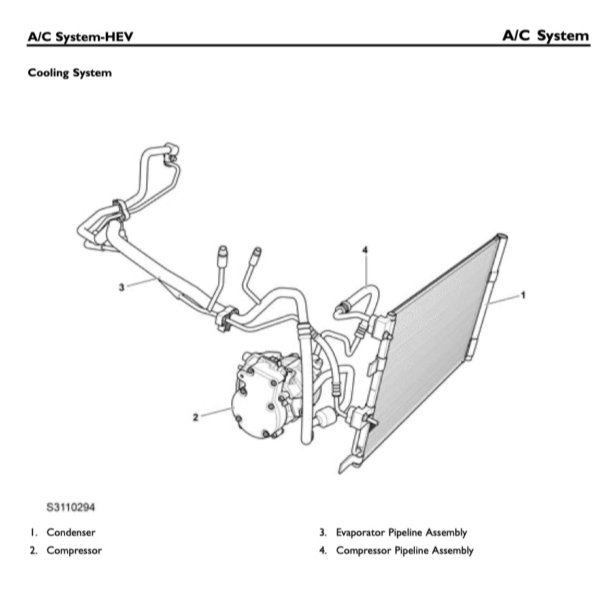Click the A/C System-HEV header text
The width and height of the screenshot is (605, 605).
(80, 36)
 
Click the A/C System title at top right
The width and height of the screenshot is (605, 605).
(545, 35)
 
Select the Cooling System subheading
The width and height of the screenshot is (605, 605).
(69, 73)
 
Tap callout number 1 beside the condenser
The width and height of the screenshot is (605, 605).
(523, 295)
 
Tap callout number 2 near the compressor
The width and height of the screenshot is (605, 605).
(195, 417)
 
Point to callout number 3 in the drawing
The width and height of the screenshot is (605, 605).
(122, 287)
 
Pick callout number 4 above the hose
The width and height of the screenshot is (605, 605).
(364, 249)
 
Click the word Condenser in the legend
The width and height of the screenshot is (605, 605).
(71, 533)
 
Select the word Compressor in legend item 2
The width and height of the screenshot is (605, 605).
(74, 551)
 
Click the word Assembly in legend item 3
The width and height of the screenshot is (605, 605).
(444, 533)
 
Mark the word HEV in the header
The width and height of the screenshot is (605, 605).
(118, 36)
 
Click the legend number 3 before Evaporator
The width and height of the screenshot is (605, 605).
(323, 533)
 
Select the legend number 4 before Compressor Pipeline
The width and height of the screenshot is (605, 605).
(323, 551)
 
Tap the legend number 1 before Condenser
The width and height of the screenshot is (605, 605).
(33, 533)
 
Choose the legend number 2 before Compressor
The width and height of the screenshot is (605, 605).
(33, 551)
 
